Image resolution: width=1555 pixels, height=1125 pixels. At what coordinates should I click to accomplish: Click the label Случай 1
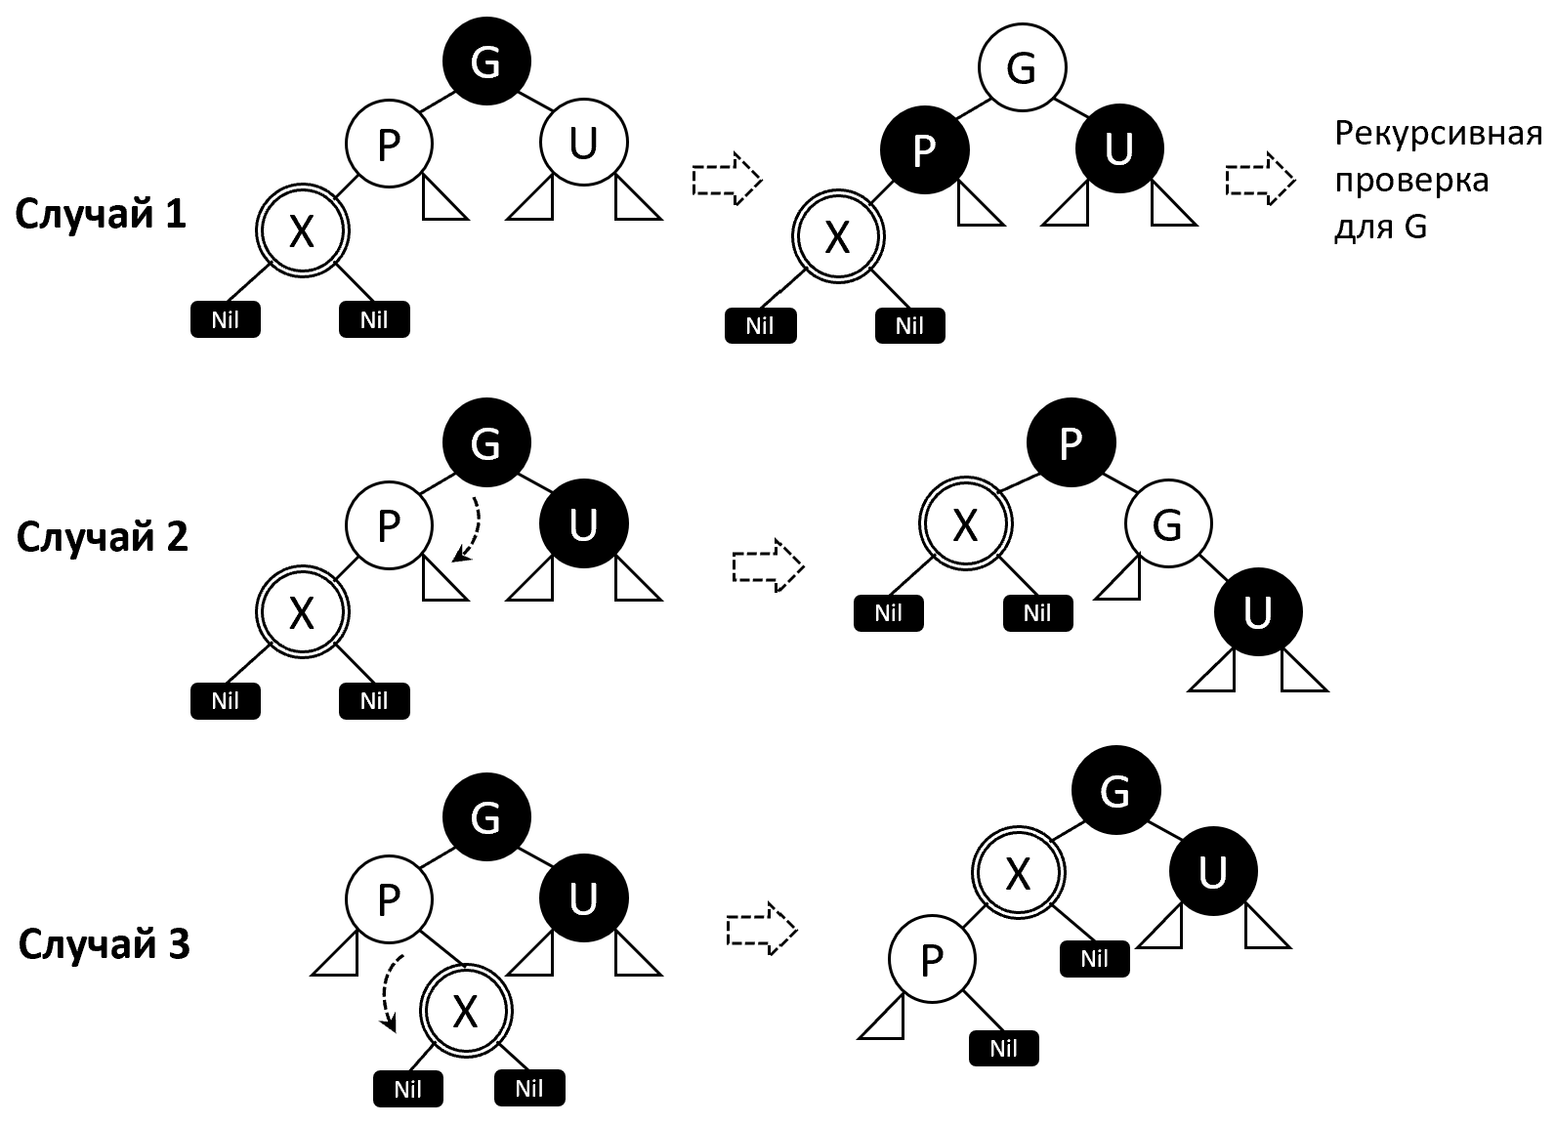(101, 214)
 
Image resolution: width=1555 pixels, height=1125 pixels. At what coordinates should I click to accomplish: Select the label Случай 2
(103, 536)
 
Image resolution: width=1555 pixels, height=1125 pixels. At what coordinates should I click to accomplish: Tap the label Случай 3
(104, 944)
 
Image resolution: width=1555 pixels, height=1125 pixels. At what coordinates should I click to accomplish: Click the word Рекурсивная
(1438, 133)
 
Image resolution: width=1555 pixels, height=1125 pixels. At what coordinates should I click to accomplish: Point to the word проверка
(1411, 181)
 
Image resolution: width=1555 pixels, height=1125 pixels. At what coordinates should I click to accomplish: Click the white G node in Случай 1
(1022, 67)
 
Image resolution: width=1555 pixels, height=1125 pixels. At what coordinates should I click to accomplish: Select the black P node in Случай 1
(924, 149)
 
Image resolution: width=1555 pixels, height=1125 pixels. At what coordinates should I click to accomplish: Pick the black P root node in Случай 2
(1071, 443)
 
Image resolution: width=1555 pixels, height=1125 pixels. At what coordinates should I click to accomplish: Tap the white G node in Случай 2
(1168, 525)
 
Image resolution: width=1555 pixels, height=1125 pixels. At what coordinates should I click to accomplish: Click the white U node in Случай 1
(583, 144)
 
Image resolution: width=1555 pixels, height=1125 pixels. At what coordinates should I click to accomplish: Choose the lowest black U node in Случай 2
(1258, 612)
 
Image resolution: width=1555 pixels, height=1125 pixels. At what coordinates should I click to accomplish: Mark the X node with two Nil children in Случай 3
(465, 1011)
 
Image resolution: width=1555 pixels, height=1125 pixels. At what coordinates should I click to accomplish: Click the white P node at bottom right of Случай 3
(932, 960)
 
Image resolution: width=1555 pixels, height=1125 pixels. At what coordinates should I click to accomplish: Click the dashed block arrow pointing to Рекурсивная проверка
(1259, 179)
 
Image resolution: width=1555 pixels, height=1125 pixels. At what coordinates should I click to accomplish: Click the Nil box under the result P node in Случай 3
(1003, 1049)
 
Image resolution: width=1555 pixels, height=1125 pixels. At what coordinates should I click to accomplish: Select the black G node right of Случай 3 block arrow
(1115, 791)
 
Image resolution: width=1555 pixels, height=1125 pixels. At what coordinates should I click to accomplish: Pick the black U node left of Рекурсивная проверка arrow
(1119, 149)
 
